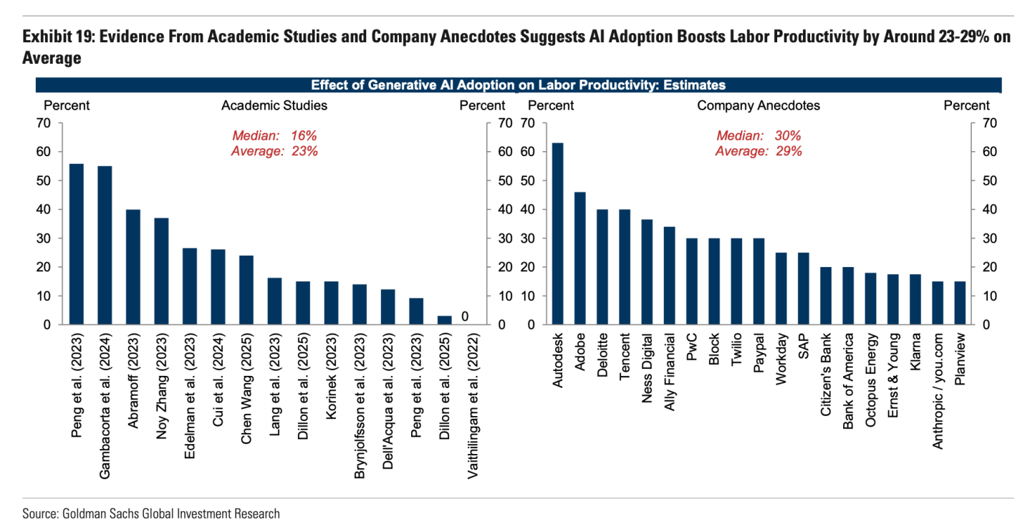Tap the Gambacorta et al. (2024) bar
coord(105,245)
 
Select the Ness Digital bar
coord(647,271)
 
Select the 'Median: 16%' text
coord(274,136)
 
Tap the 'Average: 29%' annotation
coord(759,151)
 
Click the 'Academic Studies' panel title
coord(274,105)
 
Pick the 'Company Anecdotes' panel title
coord(759,105)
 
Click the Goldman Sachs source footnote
coord(151,513)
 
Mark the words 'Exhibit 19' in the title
coord(57,37)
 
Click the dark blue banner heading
coord(518,85)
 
